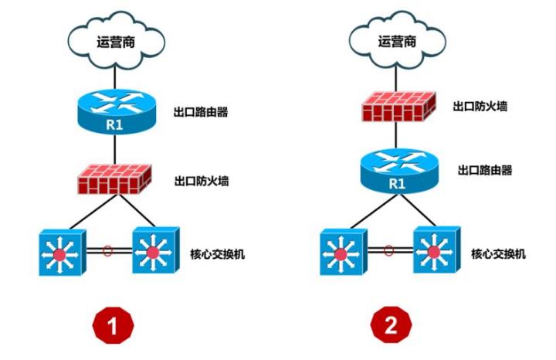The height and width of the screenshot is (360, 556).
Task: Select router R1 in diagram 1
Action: tap(114, 113)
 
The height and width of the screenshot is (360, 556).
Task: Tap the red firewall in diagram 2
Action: tap(396, 106)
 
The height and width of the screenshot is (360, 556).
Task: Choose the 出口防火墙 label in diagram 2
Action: tap(480, 104)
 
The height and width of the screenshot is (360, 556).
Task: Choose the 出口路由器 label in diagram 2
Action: tap(485, 170)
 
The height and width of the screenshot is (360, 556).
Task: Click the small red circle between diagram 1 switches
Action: tap(108, 250)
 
